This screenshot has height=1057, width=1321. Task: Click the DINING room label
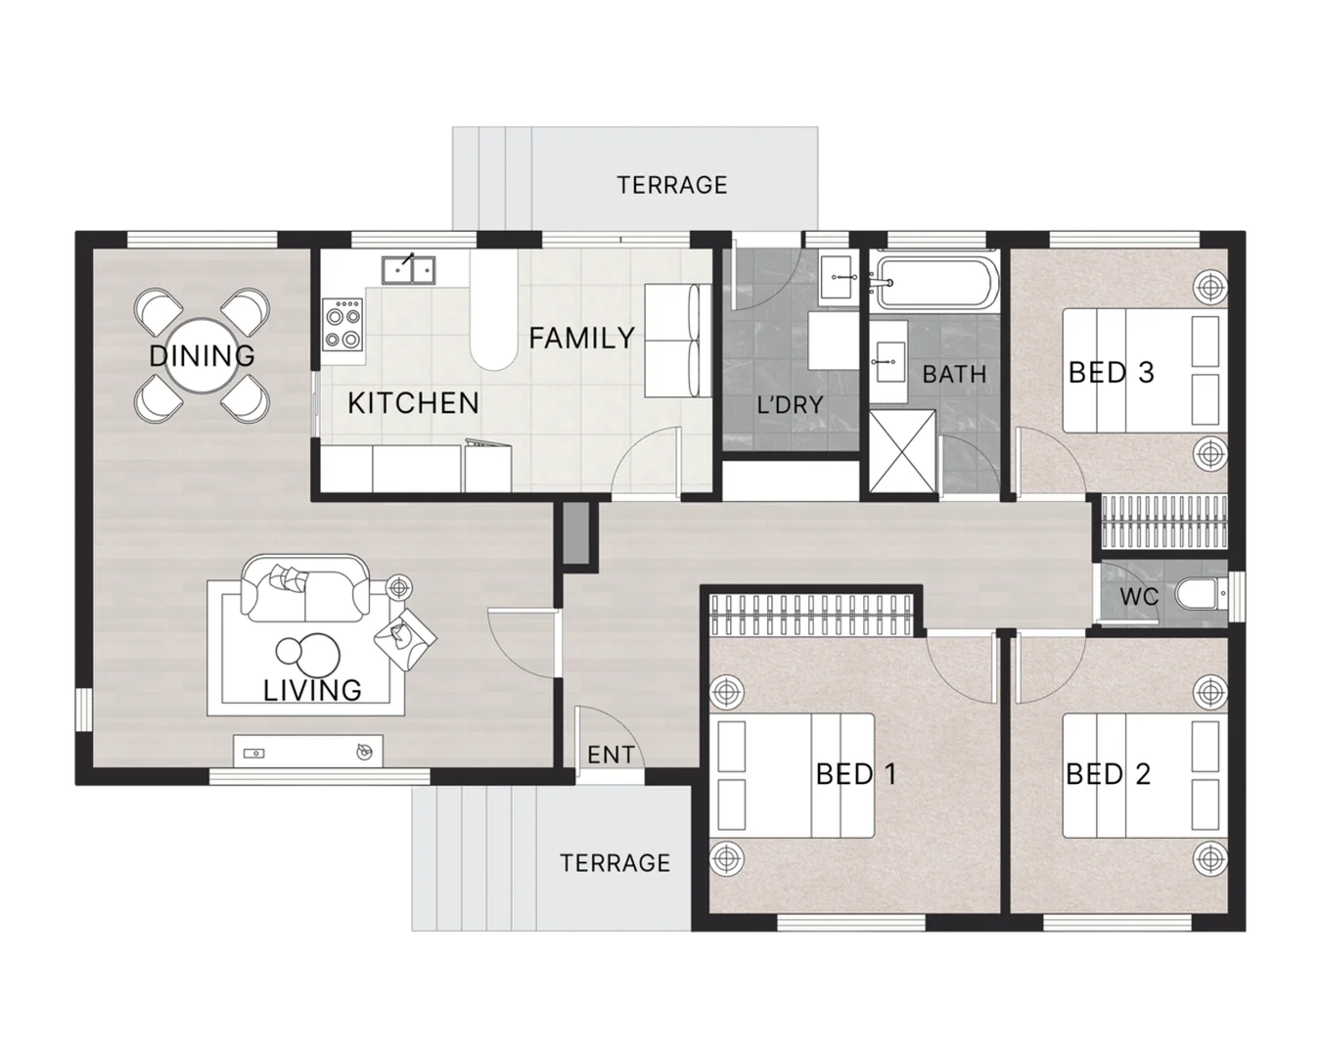202,355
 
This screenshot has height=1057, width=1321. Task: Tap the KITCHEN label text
413,402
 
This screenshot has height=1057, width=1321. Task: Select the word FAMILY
581,339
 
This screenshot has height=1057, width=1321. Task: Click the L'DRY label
789,404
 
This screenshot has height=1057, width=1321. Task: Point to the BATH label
954,374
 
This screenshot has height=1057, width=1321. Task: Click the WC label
1139,597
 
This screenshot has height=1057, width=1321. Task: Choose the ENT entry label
611,755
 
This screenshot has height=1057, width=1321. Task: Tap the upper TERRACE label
672,185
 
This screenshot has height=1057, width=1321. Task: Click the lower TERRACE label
615,862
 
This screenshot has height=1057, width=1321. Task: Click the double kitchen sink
411,267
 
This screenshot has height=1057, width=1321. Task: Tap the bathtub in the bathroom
935,282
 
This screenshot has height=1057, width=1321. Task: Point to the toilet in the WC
1200,594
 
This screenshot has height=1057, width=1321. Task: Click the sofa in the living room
305,589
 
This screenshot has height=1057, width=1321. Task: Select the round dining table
203,355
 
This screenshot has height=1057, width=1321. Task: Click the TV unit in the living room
307,752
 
